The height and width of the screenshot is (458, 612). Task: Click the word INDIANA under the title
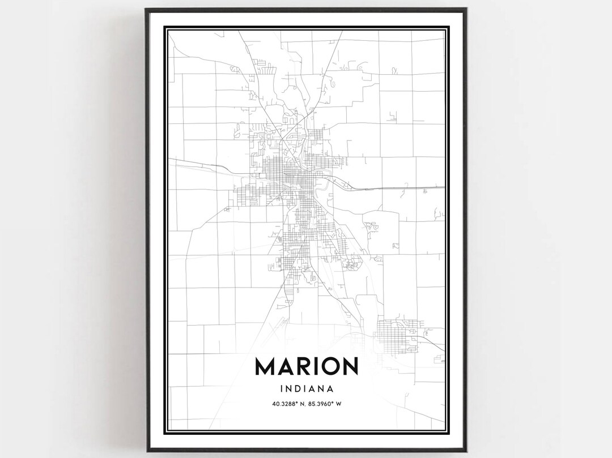(x=306, y=389)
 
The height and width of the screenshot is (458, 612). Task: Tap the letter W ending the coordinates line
(x=343, y=404)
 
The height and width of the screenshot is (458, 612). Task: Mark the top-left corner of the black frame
(x=146, y=9)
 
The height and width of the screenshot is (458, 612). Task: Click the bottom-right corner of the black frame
(x=466, y=451)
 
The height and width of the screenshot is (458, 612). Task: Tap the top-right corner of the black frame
(x=466, y=9)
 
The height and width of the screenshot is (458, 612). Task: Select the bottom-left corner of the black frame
(x=146, y=451)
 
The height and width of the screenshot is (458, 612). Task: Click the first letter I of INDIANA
(x=281, y=389)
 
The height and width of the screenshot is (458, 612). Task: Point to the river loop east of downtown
(x=327, y=185)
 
